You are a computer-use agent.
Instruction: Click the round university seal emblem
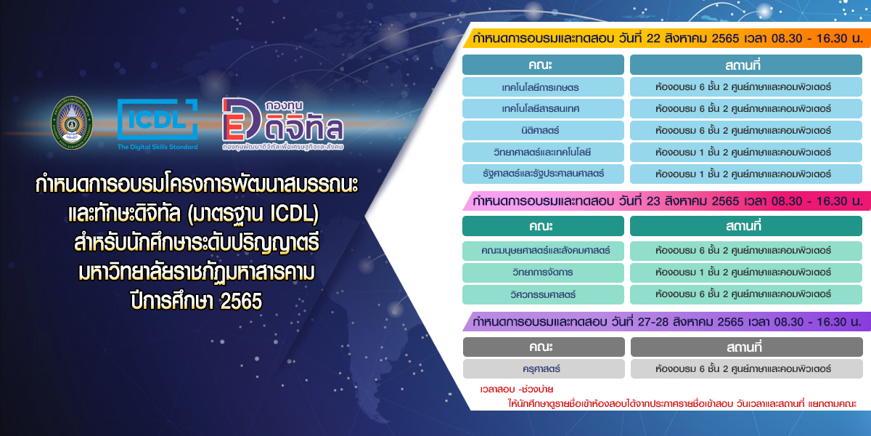[72, 123]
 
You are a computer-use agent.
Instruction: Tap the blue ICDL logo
[158, 119]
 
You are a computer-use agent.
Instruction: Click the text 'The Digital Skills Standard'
[158, 147]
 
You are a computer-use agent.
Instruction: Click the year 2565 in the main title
[241, 301]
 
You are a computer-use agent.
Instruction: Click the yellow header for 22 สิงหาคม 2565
[666, 38]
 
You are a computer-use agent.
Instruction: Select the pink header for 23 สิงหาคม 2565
[666, 201]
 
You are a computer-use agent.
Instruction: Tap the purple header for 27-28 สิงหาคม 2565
[666, 321]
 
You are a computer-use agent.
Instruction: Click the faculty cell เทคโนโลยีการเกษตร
[543, 86]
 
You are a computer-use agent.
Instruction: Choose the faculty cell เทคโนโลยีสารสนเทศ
[543, 108]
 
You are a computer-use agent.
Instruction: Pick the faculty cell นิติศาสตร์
[543, 130]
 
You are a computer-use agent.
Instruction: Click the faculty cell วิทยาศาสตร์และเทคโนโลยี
[543, 152]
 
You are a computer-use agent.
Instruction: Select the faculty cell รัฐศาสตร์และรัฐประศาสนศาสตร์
[543, 174]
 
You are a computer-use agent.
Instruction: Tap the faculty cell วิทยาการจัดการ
[543, 272]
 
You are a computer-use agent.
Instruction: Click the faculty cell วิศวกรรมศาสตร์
[543, 294]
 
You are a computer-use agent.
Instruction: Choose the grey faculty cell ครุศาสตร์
[544, 368]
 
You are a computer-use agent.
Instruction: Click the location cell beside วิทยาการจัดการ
[746, 272]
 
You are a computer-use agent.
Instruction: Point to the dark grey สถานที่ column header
[747, 347]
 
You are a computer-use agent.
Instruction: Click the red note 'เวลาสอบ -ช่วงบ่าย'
[516, 389]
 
